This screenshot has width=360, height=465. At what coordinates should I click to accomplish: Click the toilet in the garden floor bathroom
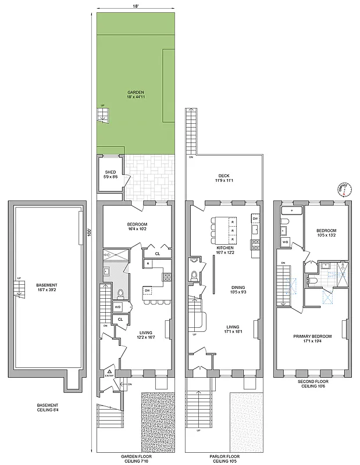tap(120, 293)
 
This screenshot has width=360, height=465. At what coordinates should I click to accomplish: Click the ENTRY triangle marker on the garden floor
tap(108, 372)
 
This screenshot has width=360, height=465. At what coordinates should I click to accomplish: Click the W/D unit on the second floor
tap(285, 241)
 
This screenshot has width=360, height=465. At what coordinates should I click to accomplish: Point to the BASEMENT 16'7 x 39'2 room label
tap(47, 287)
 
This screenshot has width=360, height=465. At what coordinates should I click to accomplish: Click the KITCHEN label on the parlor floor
tap(224, 249)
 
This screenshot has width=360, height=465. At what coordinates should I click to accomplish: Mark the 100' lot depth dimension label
tap(91, 231)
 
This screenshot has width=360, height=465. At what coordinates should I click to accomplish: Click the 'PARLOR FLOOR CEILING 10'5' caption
tap(224, 459)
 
